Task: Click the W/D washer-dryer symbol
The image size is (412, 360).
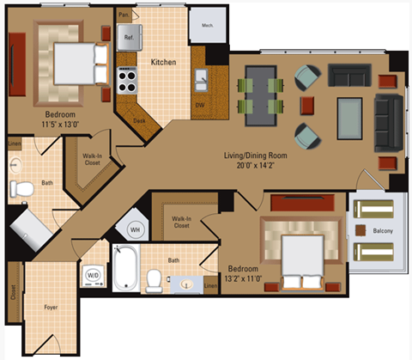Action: [92, 275]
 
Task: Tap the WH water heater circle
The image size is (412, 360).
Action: [135, 229]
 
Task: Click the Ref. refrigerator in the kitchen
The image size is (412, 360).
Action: [129, 38]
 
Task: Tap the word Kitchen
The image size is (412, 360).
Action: [164, 63]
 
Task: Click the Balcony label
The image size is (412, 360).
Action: [384, 231]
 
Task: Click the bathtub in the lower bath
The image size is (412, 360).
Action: [125, 270]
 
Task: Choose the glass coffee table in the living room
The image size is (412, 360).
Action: [349, 116]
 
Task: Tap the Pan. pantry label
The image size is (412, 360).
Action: [124, 15]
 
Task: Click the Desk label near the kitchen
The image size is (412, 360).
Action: [139, 120]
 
